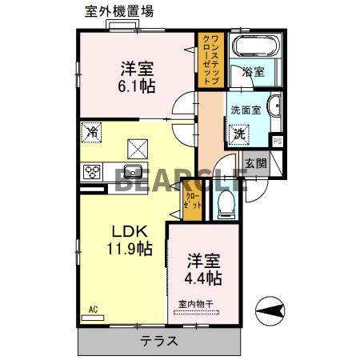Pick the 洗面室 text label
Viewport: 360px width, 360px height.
click(x=246, y=110)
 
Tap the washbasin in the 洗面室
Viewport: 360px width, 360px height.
click(x=274, y=106)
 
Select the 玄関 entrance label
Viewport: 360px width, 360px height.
click(x=255, y=162)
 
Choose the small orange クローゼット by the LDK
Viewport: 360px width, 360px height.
click(x=193, y=199)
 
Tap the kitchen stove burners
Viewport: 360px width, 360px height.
click(x=93, y=171)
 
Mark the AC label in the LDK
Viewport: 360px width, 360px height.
click(x=92, y=309)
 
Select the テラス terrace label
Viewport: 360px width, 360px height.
click(x=159, y=342)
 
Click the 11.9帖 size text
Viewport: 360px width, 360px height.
click(x=131, y=250)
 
